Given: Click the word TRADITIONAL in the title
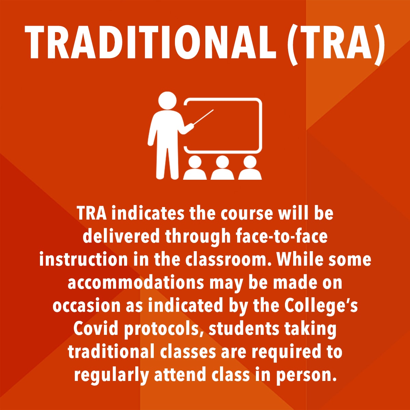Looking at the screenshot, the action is click(150, 42).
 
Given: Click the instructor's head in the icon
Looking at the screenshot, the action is click(167, 101).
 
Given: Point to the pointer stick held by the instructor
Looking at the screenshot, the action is click(203, 117).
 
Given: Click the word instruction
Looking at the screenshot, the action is click(83, 259).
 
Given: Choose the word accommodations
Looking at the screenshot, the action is click(136, 283).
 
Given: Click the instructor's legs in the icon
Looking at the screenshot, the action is click(167, 162).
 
